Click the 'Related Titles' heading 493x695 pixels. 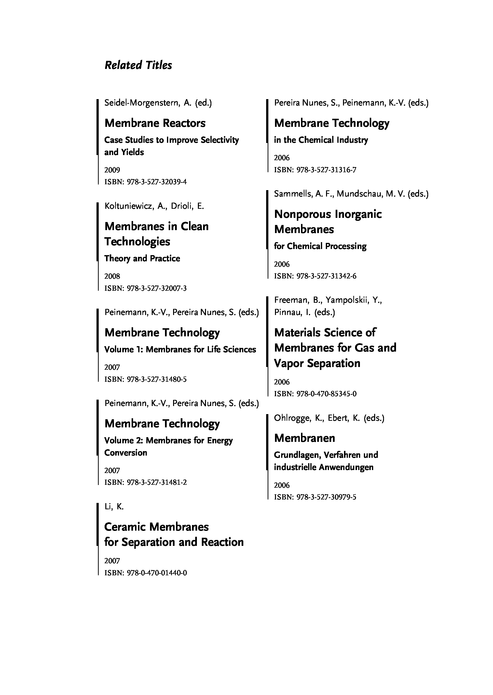click(138, 65)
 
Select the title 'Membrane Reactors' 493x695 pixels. click(155, 123)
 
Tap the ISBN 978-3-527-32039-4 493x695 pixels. click(146, 182)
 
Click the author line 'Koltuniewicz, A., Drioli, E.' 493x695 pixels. click(154, 206)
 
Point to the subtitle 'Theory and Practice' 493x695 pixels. click(142, 259)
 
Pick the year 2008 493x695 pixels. click(112, 276)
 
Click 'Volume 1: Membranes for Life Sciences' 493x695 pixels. click(180, 350)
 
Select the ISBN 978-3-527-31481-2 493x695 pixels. click(146, 482)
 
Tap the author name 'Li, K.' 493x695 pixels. click(114, 507)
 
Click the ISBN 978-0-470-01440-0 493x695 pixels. click(146, 573)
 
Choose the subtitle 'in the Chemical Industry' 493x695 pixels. click(321, 140)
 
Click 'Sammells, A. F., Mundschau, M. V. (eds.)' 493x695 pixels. click(351, 194)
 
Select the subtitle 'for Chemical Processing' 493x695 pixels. click(320, 246)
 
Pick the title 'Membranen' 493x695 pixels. click(304, 438)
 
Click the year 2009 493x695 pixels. click(112, 170)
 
